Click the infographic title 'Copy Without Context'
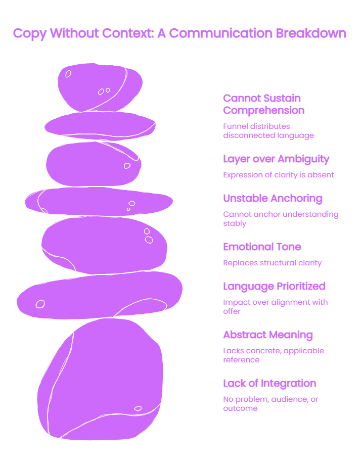tap(83, 33)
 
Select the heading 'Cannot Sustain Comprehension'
tap(263, 104)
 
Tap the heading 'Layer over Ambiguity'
tap(276, 159)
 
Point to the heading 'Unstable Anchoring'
tap(273, 199)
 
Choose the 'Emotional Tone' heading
tap(262, 247)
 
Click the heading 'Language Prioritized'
tap(274, 286)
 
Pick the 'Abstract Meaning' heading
tap(267, 335)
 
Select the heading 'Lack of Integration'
tap(269, 384)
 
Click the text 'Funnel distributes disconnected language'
tap(268, 131)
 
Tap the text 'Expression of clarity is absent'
tap(279, 175)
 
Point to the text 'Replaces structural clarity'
tap(272, 263)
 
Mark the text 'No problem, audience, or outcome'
tap(271, 404)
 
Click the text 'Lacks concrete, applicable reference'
tap(274, 355)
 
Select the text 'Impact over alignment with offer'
tap(275, 307)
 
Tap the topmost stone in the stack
tap(100, 87)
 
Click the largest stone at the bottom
tap(100, 379)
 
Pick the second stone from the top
tap(100, 126)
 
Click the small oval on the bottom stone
tap(138, 408)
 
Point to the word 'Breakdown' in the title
tap(311, 33)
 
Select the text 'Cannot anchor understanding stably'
tap(281, 219)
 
